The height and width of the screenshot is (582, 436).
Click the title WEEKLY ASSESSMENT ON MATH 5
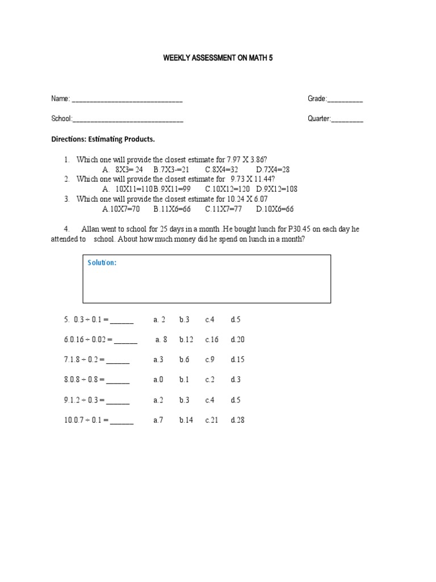pos(218,59)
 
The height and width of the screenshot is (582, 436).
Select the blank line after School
pos(128,120)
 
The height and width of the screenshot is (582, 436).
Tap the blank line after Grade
pos(346,101)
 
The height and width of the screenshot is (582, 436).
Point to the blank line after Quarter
pos(347,120)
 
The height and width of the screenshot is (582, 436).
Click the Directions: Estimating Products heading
pos(103,139)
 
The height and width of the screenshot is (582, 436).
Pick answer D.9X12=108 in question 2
pos(276,189)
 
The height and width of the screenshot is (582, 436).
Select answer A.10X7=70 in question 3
pos(121,209)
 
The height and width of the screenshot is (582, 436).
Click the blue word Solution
pos(102,263)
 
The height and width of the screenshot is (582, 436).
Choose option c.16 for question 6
pos(212,340)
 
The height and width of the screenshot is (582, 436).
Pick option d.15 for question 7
pos(237,360)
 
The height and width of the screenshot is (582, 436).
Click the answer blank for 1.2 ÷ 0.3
pos(118,401)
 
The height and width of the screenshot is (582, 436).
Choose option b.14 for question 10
pos(186,421)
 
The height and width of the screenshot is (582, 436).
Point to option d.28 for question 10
pos(237,421)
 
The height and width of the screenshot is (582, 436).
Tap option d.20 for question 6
pos(237,340)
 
